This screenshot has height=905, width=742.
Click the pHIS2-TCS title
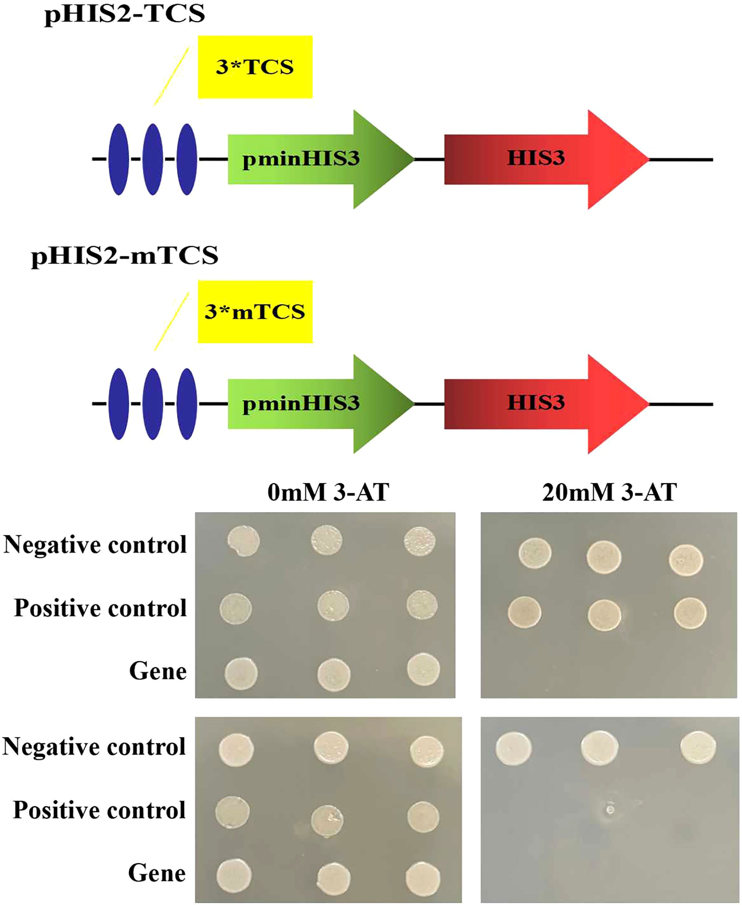[124, 15]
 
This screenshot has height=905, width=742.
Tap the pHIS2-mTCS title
[124, 256]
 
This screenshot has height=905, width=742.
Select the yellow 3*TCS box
[255, 67]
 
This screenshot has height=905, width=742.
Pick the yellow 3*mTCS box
[255, 312]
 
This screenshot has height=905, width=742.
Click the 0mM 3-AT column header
[328, 493]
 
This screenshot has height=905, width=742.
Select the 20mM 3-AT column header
[609, 493]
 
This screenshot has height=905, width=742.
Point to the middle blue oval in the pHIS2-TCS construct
[153, 160]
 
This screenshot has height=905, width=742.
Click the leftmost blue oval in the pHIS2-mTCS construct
[119, 404]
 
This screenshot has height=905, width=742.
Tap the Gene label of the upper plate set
[158, 671]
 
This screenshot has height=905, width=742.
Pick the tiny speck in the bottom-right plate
[610, 810]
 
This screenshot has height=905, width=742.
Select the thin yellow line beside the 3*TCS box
[171, 77]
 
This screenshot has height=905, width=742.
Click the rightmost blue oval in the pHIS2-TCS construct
[187, 160]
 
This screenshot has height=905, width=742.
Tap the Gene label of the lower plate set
[157, 873]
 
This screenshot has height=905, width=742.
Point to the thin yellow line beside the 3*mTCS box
[171, 321]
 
